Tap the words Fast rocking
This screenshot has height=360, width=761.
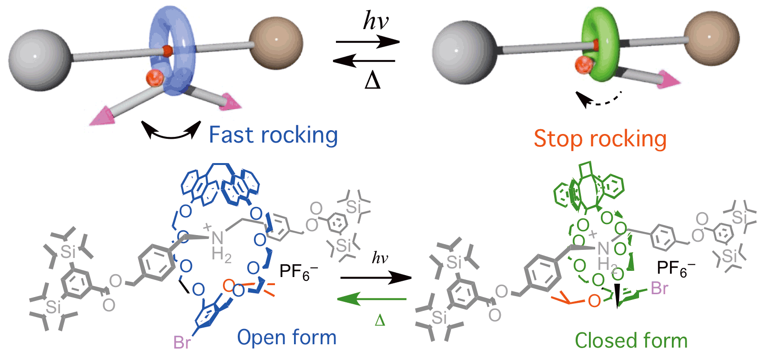(x=273, y=135)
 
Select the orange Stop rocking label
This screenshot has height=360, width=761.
(x=599, y=139)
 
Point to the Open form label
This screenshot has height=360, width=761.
(x=286, y=338)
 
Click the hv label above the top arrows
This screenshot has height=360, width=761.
(x=375, y=21)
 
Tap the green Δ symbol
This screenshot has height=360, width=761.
(x=380, y=320)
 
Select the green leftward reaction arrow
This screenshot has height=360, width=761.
(x=372, y=299)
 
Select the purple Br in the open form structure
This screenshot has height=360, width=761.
(x=182, y=342)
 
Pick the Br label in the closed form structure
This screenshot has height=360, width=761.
(x=660, y=288)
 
